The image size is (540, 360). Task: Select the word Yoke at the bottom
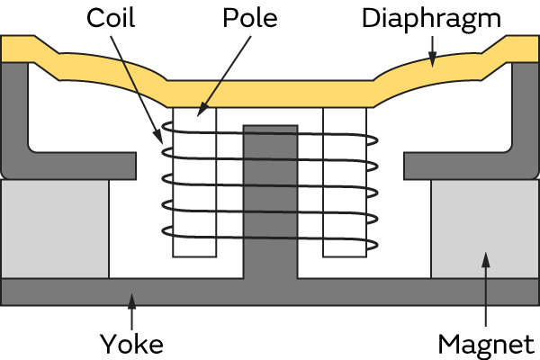pos(131,343)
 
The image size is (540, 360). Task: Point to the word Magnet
pos(486,343)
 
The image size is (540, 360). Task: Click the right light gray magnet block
pos(484,229)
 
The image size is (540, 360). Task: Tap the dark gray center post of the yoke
pos(270,198)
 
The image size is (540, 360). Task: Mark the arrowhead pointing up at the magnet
pos(486,260)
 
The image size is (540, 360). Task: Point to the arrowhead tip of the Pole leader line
pos(200,114)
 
